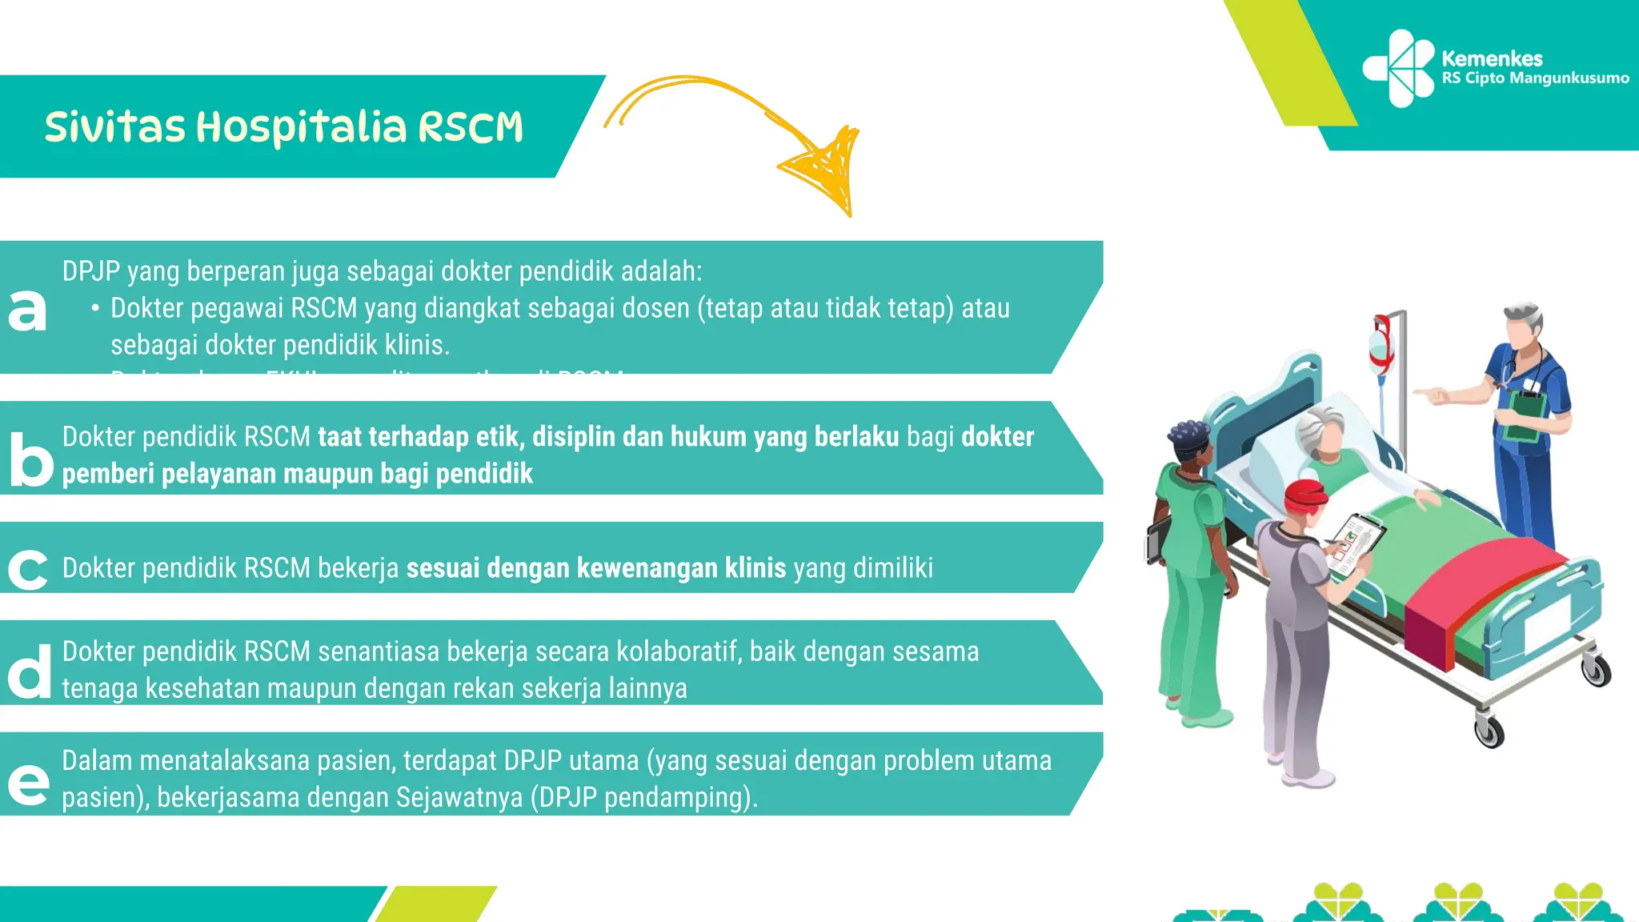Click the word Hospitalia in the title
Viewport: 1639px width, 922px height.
click(302, 128)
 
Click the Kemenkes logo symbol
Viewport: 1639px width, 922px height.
click(1398, 68)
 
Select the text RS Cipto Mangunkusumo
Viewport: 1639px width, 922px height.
click(1535, 78)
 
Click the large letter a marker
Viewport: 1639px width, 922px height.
click(27, 310)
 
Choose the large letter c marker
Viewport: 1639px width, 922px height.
click(27, 570)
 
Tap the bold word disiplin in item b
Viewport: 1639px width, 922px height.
click(574, 437)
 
